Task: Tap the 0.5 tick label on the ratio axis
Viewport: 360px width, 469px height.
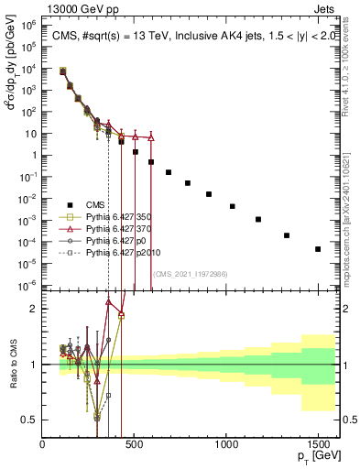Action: [28, 420]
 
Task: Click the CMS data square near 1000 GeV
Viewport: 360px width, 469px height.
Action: [233, 206]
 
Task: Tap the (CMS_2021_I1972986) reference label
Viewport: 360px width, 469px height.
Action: [191, 273]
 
